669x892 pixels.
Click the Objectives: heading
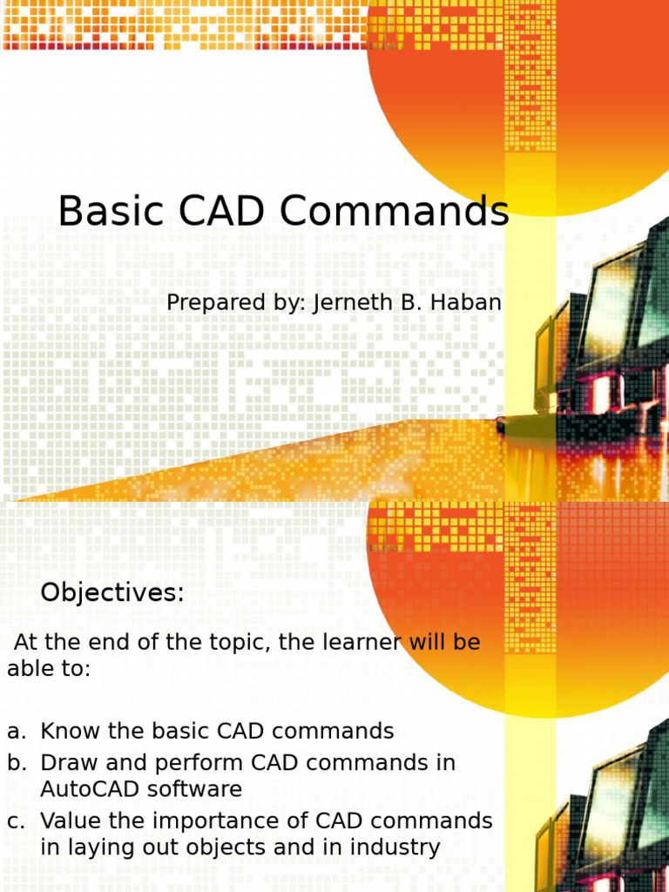pos(112,593)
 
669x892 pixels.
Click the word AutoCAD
pos(90,789)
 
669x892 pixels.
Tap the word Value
pos(71,821)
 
